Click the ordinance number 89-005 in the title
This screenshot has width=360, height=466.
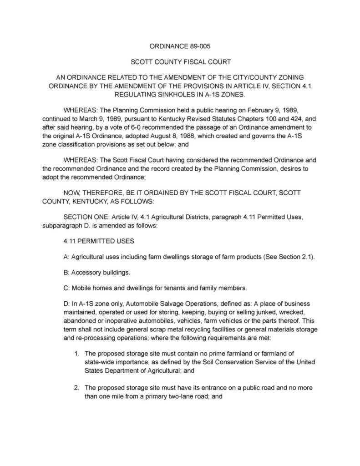point(198,46)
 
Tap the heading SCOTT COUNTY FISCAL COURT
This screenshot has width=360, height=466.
point(180,61)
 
